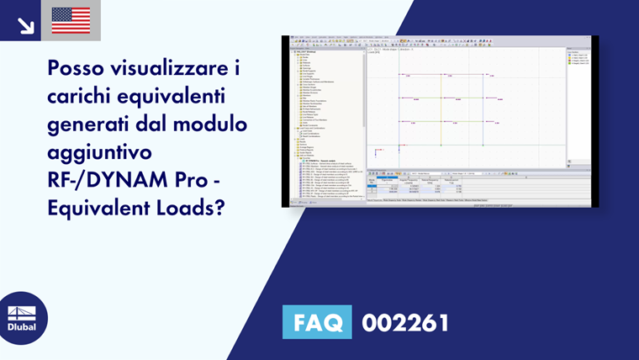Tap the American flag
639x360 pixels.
[71, 20]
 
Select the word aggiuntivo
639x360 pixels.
[99, 153]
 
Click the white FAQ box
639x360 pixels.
[319, 322]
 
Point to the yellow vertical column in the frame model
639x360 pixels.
[441, 109]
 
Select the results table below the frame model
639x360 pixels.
[420, 186]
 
